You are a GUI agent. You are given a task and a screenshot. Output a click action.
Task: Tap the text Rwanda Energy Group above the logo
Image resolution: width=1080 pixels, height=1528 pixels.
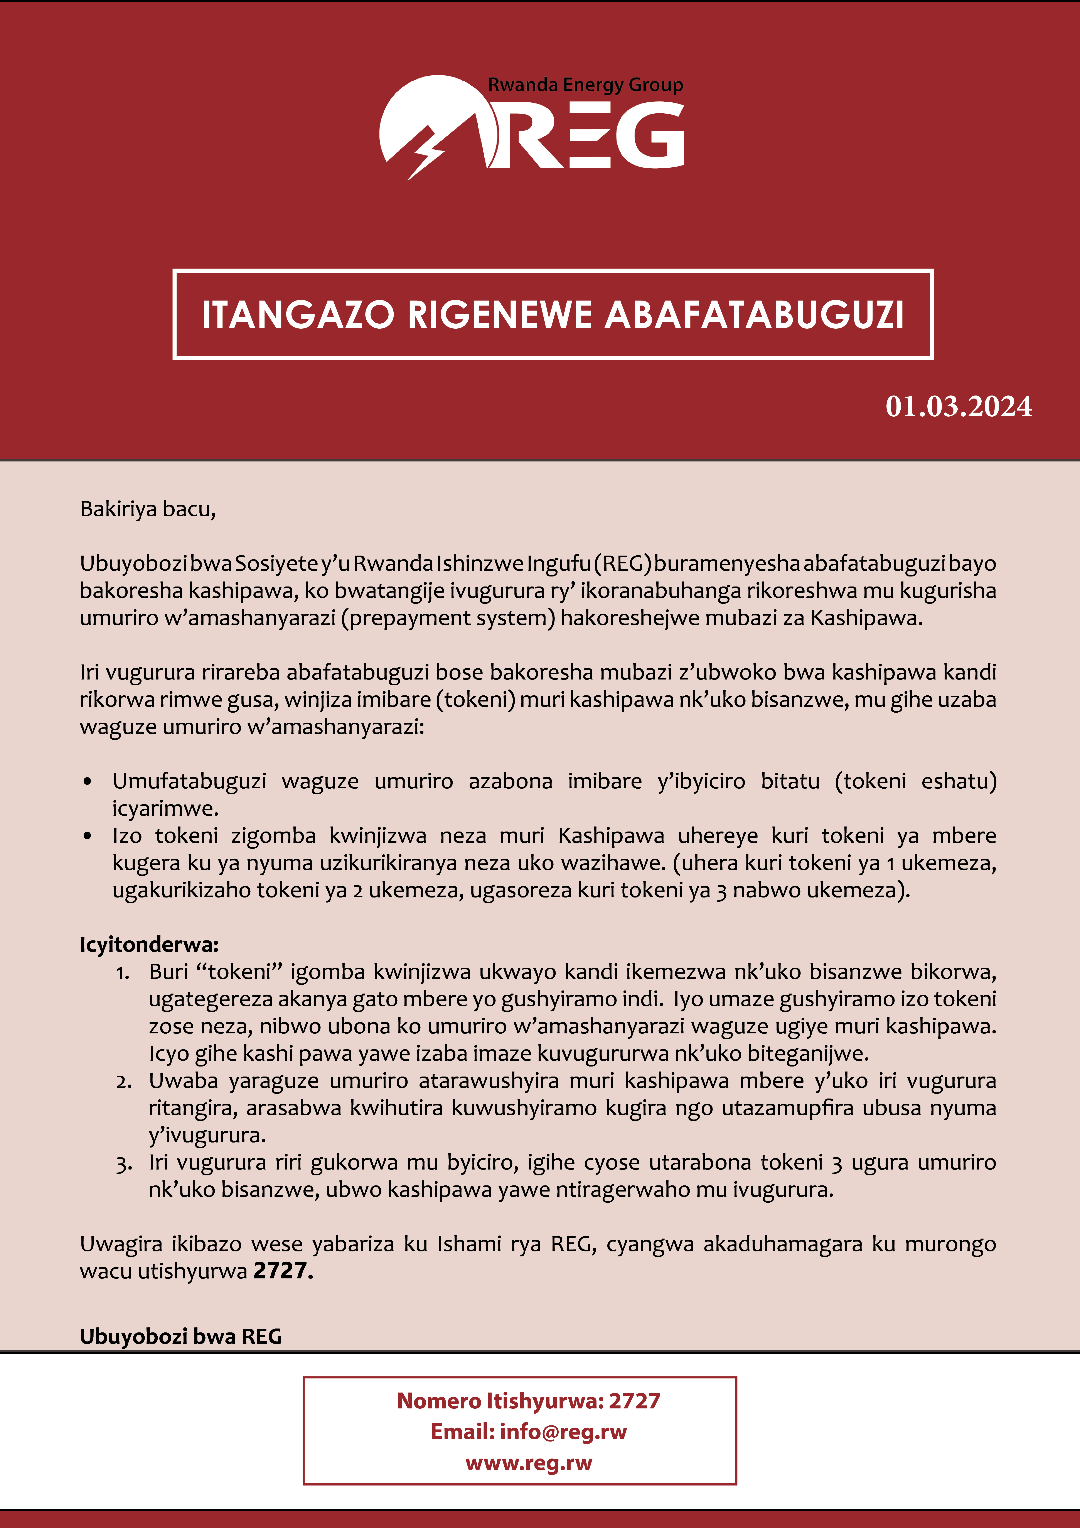[586, 85]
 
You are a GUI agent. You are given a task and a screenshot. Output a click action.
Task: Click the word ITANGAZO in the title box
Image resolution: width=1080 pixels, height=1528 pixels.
[298, 315]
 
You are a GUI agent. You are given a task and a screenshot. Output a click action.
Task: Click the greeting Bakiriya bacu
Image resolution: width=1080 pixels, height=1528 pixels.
[148, 509]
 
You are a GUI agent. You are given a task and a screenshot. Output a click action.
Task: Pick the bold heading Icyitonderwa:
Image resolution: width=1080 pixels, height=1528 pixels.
[149, 944]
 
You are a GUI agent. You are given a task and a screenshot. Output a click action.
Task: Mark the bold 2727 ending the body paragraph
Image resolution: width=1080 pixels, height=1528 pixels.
[280, 1271]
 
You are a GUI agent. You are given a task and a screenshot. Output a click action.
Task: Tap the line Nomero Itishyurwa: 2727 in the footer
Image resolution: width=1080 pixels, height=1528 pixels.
[528, 1401]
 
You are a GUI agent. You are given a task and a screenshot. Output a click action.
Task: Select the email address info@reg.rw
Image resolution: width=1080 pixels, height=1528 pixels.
[563, 1432]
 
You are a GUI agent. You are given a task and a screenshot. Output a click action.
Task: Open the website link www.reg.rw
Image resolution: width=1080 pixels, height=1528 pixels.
[528, 1463]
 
